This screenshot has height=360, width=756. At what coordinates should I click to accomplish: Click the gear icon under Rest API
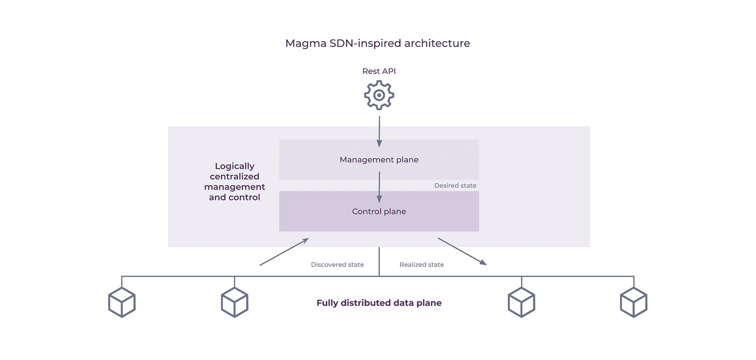coord(379,95)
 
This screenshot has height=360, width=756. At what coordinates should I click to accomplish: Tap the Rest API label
coord(379,71)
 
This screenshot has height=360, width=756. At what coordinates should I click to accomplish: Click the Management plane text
coord(379,160)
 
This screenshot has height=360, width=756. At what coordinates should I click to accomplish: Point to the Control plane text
coord(379,211)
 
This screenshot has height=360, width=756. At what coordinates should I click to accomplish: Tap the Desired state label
coord(455,186)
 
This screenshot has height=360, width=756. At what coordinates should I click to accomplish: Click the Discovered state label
coord(337,265)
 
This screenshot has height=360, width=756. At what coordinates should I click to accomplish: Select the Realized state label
coord(421,265)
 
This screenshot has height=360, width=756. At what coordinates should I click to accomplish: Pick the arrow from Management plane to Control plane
coord(379,187)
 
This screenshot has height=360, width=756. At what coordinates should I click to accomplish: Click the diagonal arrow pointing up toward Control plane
coord(284,252)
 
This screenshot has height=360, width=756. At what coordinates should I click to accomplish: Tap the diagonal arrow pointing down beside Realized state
coord(462,251)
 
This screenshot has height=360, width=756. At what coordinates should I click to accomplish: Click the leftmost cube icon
coord(122,302)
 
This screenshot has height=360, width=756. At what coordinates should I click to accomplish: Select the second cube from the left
coord(234,302)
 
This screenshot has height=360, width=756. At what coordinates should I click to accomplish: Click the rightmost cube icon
coord(633,302)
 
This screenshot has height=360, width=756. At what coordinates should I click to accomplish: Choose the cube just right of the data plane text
coord(521,302)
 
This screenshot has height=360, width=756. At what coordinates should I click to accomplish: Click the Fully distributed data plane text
coord(379,303)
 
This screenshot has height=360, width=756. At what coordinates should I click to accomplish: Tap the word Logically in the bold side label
coord(234,166)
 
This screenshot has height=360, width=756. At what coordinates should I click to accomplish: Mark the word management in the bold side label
coord(234,187)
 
